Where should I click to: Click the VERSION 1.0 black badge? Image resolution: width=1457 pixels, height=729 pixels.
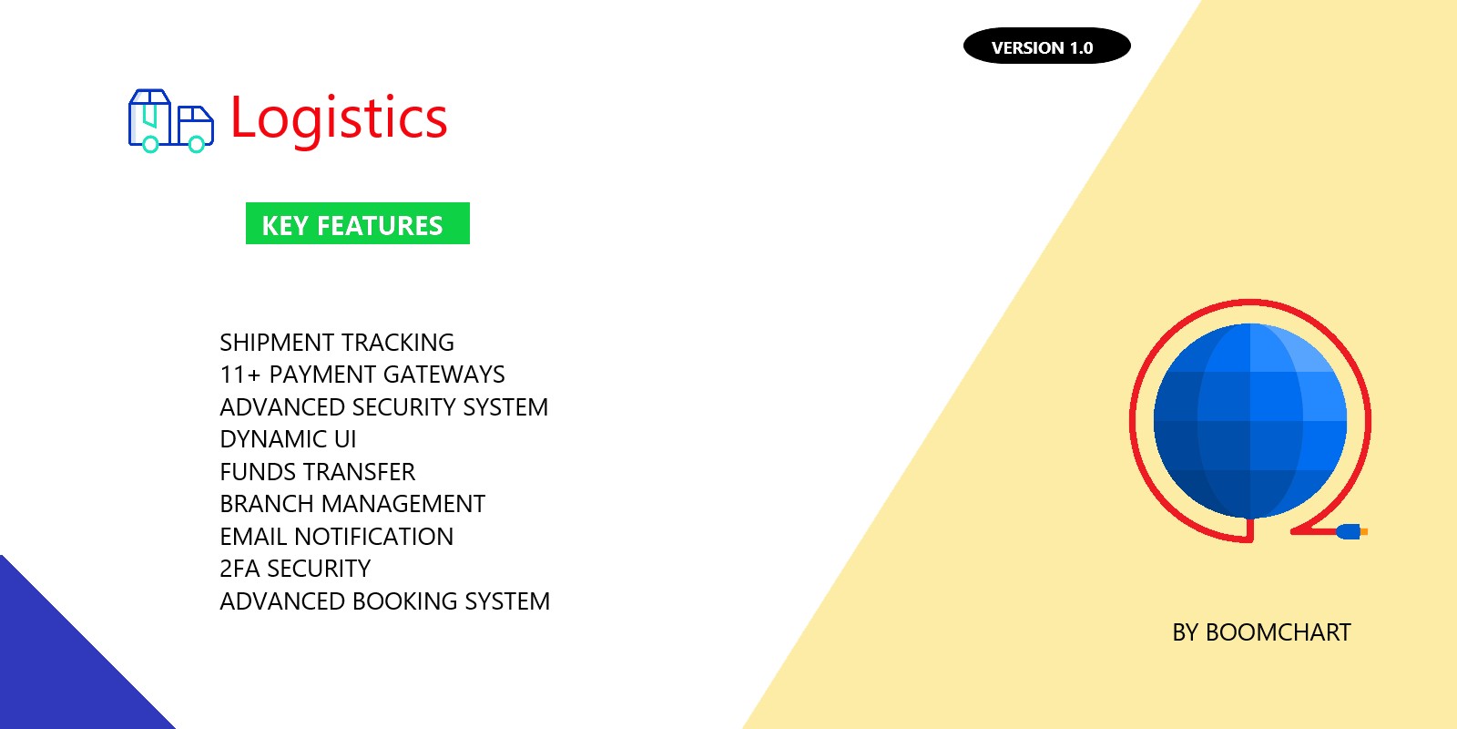pyautogui.click(x=1046, y=46)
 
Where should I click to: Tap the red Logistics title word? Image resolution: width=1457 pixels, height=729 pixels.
pyautogui.click(x=339, y=119)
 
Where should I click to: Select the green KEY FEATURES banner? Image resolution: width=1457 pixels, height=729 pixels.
pyautogui.click(x=357, y=224)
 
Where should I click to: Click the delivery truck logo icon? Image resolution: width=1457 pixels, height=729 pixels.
pyautogui.click(x=171, y=120)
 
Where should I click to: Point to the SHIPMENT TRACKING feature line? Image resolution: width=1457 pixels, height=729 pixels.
pyautogui.click(x=337, y=343)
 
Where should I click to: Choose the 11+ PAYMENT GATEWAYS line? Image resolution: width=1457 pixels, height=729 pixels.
pyautogui.click(x=362, y=375)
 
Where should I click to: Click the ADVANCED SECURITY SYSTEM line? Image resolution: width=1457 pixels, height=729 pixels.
pyautogui.click(x=383, y=407)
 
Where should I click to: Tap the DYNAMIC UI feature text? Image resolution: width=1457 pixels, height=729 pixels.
pyautogui.click(x=288, y=439)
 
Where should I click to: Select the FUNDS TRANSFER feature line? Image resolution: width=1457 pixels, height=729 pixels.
pyautogui.click(x=317, y=472)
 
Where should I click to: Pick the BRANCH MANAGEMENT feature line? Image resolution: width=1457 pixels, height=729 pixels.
pyautogui.click(x=352, y=504)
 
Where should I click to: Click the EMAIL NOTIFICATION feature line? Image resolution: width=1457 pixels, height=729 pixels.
pyautogui.click(x=336, y=537)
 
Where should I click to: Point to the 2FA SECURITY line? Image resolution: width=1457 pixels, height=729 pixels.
pyautogui.click(x=295, y=569)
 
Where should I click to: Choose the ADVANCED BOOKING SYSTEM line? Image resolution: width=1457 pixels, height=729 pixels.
pyautogui.click(x=384, y=601)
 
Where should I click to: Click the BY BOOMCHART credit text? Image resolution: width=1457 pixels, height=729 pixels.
pyautogui.click(x=1261, y=632)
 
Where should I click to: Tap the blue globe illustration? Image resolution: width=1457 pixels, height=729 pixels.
pyautogui.click(x=1249, y=421)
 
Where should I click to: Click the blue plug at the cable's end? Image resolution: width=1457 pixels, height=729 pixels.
pyautogui.click(x=1349, y=531)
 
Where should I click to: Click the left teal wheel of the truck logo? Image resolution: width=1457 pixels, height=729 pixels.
pyautogui.click(x=150, y=144)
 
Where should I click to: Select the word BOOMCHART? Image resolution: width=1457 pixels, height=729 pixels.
pyautogui.click(x=1278, y=632)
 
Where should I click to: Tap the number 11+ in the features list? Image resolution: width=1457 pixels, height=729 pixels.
pyautogui.click(x=240, y=375)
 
